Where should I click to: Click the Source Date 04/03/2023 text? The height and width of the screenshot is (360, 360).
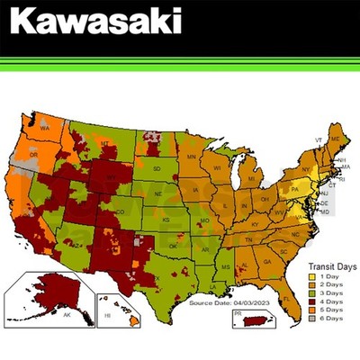pyautogui.click(x=222, y=303)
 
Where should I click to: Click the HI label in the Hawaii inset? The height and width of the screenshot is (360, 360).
pyautogui.click(x=108, y=316)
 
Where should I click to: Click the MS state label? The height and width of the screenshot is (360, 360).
pyautogui.click(x=225, y=266)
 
